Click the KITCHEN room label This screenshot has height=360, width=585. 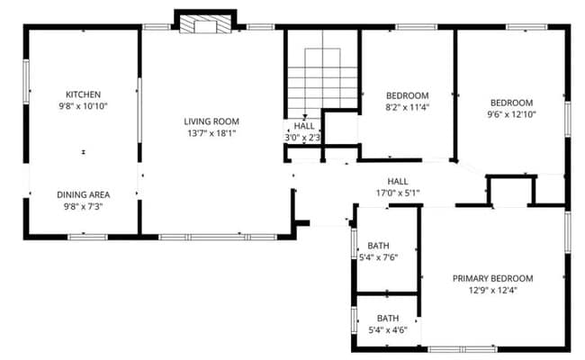(82, 94)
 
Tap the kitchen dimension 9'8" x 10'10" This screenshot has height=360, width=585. (82, 106)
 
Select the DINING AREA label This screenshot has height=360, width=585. (83, 194)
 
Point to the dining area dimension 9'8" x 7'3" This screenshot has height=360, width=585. (82, 206)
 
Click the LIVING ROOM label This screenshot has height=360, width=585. (211, 121)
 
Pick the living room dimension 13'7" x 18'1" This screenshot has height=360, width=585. (211, 133)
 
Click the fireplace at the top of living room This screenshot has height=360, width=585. (204, 24)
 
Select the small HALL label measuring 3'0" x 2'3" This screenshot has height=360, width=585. (304, 127)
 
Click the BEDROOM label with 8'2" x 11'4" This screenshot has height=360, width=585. (407, 95)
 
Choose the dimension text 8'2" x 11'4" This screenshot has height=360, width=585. (407, 107)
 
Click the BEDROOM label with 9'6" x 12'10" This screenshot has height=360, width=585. (511, 103)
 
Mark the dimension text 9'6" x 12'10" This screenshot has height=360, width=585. (511, 114)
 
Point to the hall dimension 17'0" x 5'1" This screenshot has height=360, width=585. (397, 193)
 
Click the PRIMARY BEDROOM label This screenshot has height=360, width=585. (492, 278)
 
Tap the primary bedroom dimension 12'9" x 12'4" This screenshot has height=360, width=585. (492, 290)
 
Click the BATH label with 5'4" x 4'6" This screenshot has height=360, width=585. (388, 319)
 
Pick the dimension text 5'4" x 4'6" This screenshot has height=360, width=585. (388, 330)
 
